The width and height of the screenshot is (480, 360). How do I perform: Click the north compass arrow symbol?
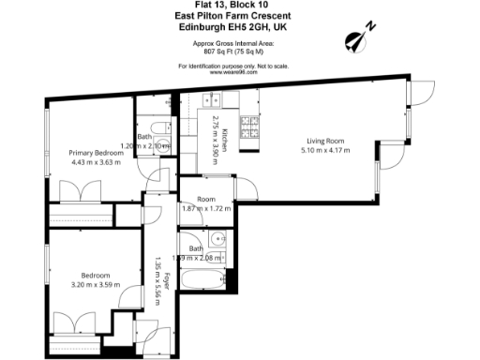[x=356, y=38]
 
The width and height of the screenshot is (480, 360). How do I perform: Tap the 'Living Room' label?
[x=320, y=141]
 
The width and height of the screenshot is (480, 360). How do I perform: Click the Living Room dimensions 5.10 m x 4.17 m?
[x=326, y=151]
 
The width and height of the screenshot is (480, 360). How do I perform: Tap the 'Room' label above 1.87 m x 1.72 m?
[x=206, y=199]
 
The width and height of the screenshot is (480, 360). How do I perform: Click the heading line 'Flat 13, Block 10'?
[x=239, y=7]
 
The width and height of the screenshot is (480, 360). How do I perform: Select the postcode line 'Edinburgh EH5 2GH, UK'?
[x=239, y=28]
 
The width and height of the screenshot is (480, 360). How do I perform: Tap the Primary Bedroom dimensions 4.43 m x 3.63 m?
[x=97, y=161]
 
